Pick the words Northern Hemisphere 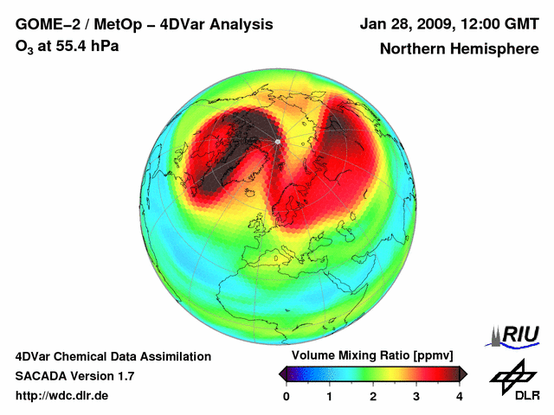(459, 49)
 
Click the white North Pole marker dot (277, 141)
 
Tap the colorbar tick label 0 (287, 396)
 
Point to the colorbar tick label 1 (330, 396)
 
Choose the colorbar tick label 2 (373, 396)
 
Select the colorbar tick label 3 (416, 396)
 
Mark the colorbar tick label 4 (460, 396)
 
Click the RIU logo (514, 335)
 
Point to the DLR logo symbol (512, 374)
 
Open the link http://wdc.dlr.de (62, 396)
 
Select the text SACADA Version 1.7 (74, 376)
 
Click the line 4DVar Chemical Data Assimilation (113, 356)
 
